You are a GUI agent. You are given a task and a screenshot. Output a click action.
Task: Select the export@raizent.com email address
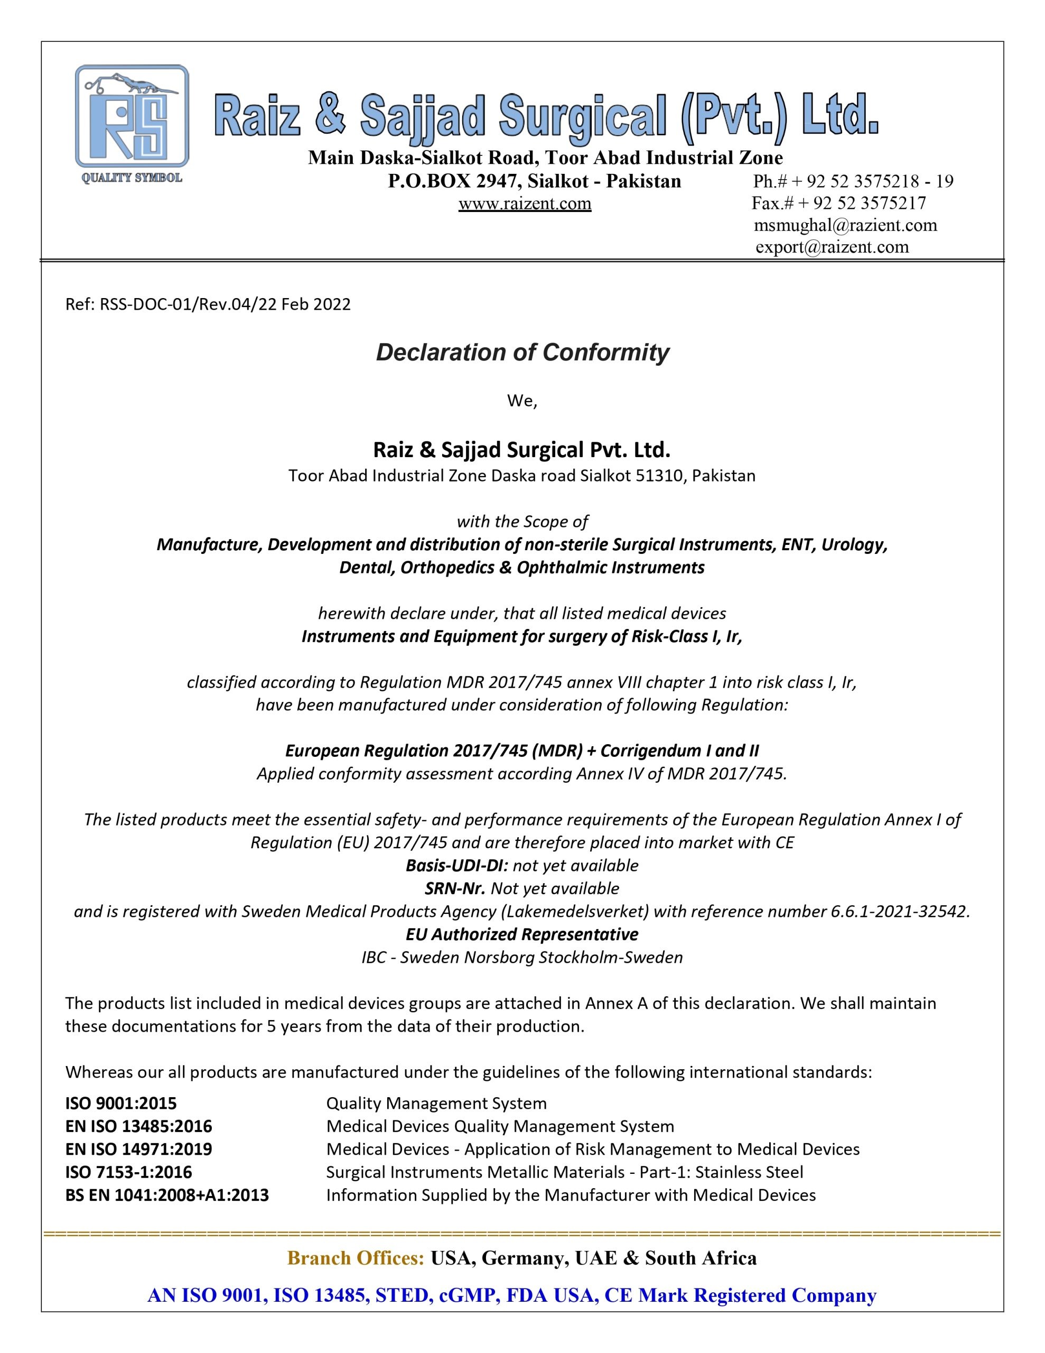point(832,247)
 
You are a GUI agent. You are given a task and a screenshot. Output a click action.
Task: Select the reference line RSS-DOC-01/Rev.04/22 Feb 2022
point(208,304)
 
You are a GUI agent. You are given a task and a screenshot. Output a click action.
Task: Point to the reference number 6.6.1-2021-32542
point(899,911)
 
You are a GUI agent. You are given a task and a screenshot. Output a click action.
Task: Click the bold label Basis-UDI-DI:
point(456,866)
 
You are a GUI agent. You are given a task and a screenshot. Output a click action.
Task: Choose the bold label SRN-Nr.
point(455,888)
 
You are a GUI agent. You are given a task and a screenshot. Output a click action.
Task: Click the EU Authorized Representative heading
point(522,934)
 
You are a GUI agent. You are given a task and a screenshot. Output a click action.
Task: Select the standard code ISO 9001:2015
point(121,1104)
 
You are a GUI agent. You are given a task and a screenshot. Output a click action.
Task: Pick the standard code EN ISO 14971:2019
point(139,1149)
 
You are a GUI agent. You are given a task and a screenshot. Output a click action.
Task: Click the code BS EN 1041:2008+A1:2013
point(167,1195)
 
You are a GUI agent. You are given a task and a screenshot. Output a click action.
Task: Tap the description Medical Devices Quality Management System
point(500,1126)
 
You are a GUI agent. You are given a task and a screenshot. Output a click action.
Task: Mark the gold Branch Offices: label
point(356,1258)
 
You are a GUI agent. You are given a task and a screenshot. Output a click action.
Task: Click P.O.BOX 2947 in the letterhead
point(456,181)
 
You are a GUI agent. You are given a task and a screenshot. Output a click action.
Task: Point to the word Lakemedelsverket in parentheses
point(577,911)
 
